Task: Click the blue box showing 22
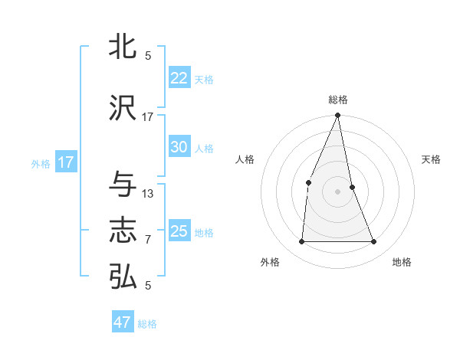pyautogui.click(x=179, y=78)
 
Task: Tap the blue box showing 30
pyautogui.click(x=179, y=147)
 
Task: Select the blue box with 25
pyautogui.click(x=179, y=231)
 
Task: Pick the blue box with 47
pyautogui.click(x=123, y=322)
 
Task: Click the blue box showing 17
pyautogui.click(x=65, y=162)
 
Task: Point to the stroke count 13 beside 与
pyautogui.click(x=148, y=193)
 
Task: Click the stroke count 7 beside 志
pyautogui.click(x=148, y=240)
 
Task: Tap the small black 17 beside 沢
pyautogui.click(x=148, y=117)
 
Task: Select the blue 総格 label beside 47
pyautogui.click(x=147, y=324)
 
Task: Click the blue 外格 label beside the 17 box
pyautogui.click(x=41, y=163)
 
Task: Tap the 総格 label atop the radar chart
pyautogui.click(x=337, y=100)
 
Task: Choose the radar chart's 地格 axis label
pyautogui.click(x=402, y=262)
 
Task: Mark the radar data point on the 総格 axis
pyautogui.click(x=337, y=116)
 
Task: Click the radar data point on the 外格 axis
pyautogui.click(x=301, y=241)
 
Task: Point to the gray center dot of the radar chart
pyautogui.click(x=337, y=191)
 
